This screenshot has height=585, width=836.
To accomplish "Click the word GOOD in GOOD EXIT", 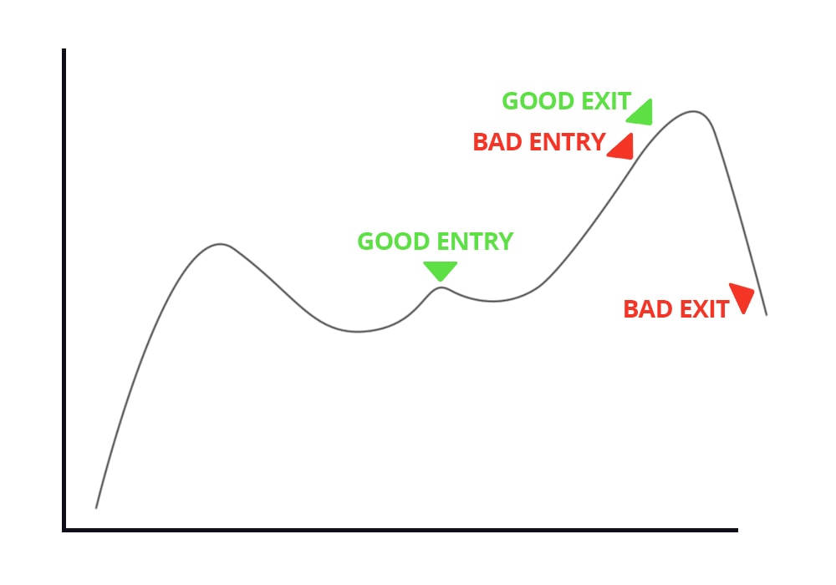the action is point(539,101).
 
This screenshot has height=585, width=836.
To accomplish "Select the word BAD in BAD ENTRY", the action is point(497,142).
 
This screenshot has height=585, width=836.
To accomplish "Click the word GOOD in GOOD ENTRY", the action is point(394,242).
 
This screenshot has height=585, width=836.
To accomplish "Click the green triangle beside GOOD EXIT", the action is point(642,114).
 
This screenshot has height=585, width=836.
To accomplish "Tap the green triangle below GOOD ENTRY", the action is point(441,270).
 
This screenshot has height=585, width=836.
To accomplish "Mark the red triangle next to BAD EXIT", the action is point(742,296).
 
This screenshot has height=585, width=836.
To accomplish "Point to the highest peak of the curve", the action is point(693,111).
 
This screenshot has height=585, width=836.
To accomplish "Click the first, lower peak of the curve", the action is point(220,244).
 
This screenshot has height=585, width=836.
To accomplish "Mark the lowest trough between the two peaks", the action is point(359,332).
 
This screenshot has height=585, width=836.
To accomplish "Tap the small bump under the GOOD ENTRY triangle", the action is point(441,287).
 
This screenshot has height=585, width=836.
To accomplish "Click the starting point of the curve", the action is point(96,508).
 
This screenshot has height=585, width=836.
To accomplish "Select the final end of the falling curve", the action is point(767,315).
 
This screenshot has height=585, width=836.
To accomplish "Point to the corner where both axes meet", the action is point(64,530).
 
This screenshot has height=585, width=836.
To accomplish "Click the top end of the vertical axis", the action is point(64,49).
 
